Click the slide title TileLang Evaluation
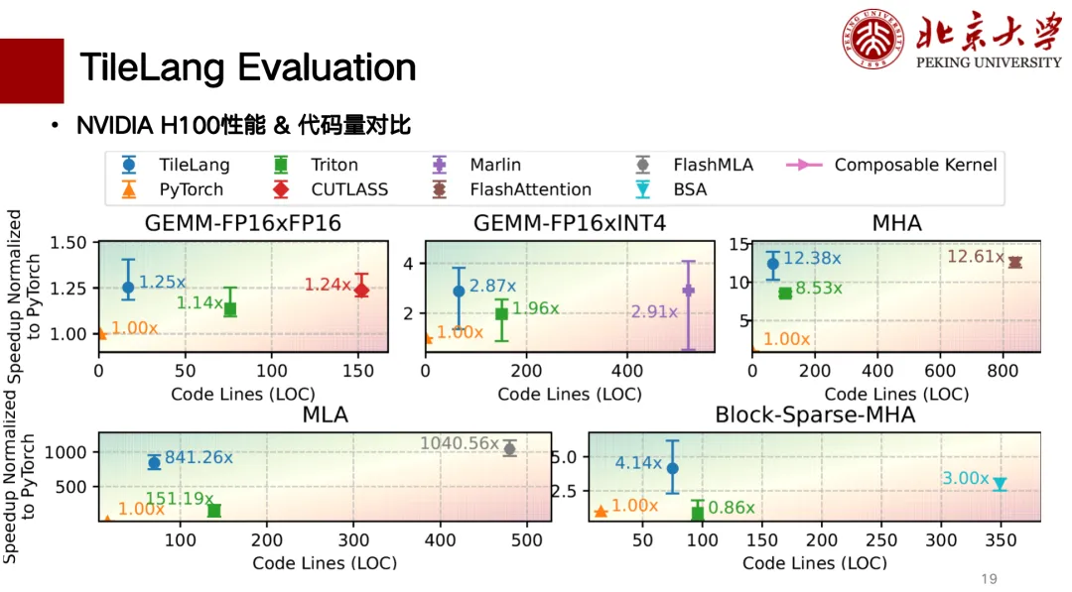tap(247, 67)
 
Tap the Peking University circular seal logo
tap(875, 40)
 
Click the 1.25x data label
tap(162, 283)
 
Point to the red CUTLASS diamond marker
tap(361, 290)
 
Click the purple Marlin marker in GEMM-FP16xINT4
tap(688, 291)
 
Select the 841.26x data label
tap(199, 458)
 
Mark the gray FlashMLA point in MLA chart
tap(509, 449)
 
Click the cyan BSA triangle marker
tap(1000, 484)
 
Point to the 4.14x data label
tap(638, 462)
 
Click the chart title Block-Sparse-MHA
tap(815, 415)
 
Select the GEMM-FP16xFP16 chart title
tap(242, 223)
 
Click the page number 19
tap(989, 579)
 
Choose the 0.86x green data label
tap(732, 508)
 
